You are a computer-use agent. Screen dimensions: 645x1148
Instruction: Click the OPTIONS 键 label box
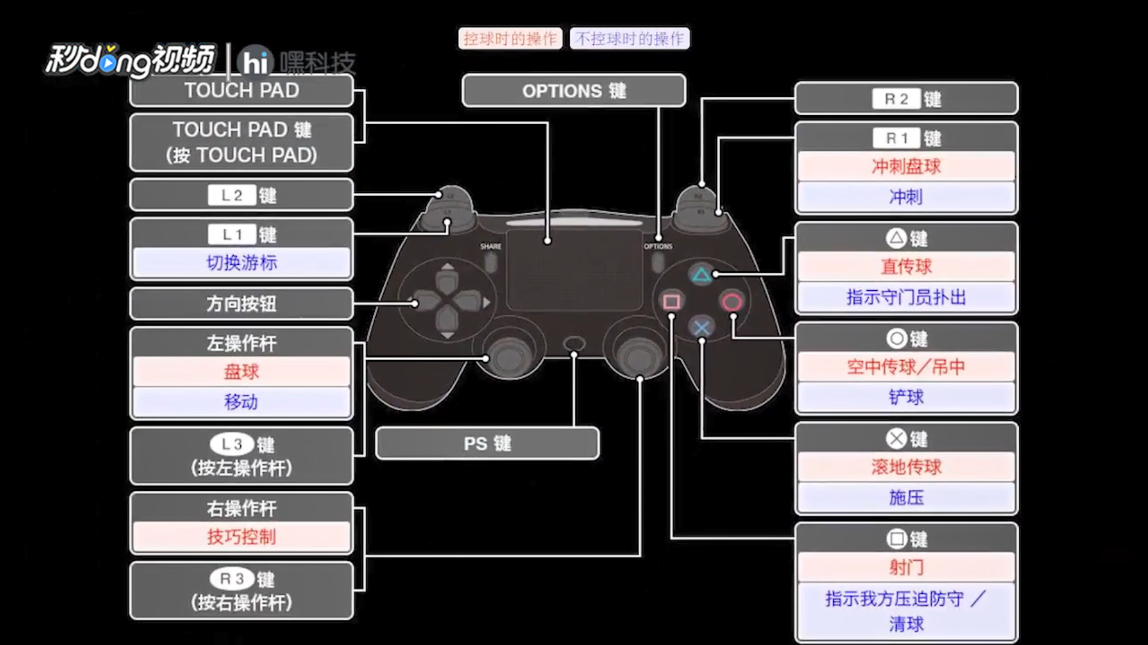pos(573,91)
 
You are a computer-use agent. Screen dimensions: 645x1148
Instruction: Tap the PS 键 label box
pos(487,443)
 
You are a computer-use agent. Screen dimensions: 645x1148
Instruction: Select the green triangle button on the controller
pos(701,275)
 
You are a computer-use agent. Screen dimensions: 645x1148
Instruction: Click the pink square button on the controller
pos(671,302)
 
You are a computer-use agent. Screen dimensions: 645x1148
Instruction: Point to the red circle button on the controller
pos(732,302)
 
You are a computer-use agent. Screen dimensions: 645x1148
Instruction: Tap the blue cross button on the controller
pos(701,327)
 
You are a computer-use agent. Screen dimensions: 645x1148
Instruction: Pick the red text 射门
pos(906,567)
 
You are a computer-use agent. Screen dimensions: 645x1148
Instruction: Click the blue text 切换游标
pos(242,263)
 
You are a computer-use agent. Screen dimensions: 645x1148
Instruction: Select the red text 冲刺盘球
pos(906,167)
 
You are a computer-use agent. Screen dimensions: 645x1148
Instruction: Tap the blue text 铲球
pos(906,397)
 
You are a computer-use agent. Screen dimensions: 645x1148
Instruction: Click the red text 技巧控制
pos(242,537)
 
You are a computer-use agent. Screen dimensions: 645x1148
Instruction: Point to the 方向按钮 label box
pos(242,303)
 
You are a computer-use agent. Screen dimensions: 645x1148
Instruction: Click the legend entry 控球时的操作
pos(510,39)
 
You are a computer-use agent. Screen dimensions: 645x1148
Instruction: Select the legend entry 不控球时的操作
pos(630,39)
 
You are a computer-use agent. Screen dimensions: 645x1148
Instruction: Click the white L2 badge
pos(231,195)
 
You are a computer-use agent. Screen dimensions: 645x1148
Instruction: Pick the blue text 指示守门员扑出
pos(906,297)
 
